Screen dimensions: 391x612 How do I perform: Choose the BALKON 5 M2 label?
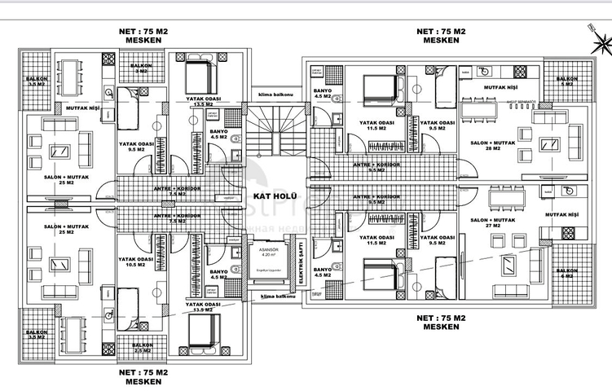566,81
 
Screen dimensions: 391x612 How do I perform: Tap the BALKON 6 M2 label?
566,273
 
